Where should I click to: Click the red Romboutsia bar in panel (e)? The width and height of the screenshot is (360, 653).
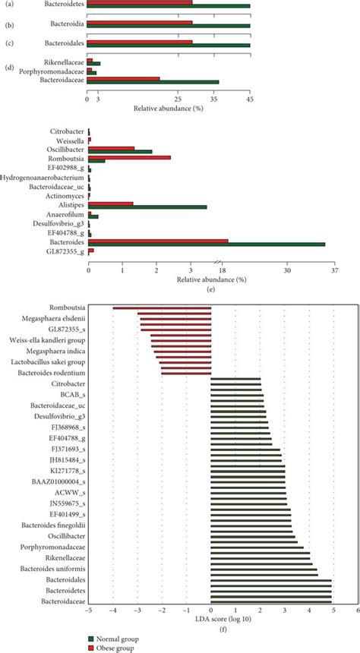click(129, 158)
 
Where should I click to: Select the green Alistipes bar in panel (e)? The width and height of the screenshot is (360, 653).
click(147, 207)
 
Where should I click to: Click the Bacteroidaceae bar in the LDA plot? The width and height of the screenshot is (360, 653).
click(271, 601)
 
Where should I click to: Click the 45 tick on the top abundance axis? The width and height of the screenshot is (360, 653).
click(250, 99)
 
